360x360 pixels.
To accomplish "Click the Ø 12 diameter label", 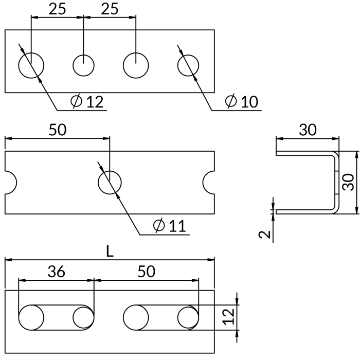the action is point(87,101).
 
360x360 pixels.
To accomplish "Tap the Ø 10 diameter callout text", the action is point(242,101).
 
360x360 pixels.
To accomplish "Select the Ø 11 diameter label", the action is point(169,226).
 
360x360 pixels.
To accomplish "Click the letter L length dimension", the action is point(110,251).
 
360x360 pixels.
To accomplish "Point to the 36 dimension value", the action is point(57,272).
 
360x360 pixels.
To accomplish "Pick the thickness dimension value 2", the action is point(265,235).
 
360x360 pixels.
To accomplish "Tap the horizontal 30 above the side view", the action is point(308,130).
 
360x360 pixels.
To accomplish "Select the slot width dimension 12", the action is point(229,317).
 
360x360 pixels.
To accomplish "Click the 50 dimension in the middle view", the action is point(58,130).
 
